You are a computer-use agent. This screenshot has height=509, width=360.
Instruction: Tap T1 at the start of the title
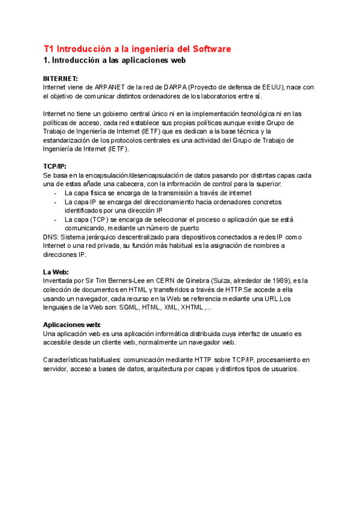[x=49, y=49]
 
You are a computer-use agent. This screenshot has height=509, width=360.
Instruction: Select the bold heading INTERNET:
[x=61, y=79]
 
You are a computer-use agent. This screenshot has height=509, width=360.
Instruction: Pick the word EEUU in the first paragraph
[x=270, y=87]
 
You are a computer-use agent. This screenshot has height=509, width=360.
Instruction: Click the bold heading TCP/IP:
[x=55, y=166]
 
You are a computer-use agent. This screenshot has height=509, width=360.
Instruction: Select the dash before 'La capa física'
[x=55, y=193]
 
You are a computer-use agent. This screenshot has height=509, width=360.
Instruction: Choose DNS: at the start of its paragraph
[x=51, y=237]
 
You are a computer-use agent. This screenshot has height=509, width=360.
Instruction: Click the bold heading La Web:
[x=56, y=271]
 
